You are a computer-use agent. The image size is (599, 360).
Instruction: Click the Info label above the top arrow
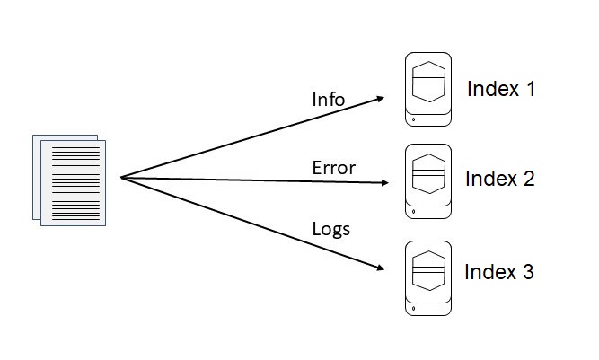pyautogui.click(x=328, y=99)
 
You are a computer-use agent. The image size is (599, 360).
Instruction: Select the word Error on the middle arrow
pyautogui.click(x=333, y=167)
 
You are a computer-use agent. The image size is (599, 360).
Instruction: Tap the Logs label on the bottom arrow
pyautogui.click(x=330, y=228)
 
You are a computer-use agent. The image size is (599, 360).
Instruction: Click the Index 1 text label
pyautogui.click(x=500, y=89)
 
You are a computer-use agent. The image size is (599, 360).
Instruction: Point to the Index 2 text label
pyautogui.click(x=499, y=179)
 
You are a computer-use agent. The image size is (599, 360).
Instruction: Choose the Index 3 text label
pyautogui.click(x=498, y=271)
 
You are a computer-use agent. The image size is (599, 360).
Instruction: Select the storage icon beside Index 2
pyautogui.click(x=427, y=180)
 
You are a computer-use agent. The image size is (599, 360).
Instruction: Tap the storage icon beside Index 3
pyautogui.click(x=427, y=277)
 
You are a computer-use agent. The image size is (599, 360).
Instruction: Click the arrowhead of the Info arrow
pyautogui.click(x=384, y=97)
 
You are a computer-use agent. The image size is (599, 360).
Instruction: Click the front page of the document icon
pyautogui.click(x=77, y=183)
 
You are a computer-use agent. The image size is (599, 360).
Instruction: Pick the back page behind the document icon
pyautogui.click(x=38, y=175)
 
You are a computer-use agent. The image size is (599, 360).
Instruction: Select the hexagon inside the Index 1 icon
pyautogui.click(x=427, y=81)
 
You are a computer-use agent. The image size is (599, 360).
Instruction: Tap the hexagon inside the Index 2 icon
pyautogui.click(x=427, y=171)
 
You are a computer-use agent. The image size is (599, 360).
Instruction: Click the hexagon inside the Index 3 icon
pyautogui.click(x=427, y=268)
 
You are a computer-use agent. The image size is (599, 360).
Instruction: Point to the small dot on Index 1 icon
pyautogui.click(x=413, y=119)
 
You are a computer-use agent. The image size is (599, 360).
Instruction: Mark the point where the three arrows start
pyautogui.click(x=121, y=177)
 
